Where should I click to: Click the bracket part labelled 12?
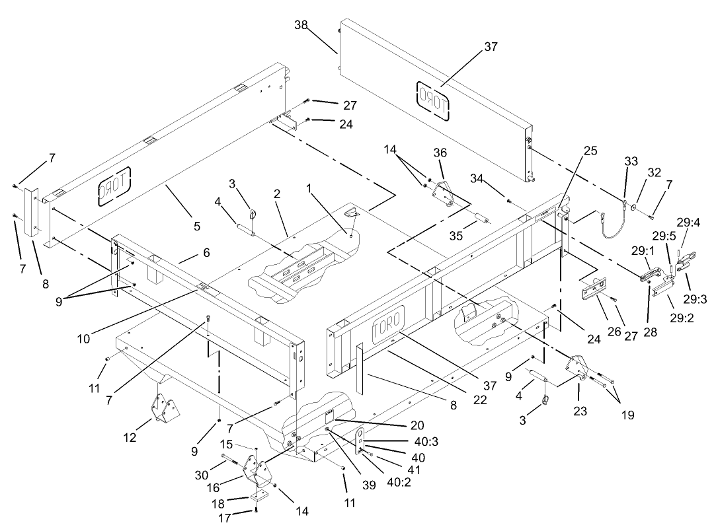click(x=165, y=411)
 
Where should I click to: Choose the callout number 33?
click(x=631, y=162)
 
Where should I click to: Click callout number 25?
click(x=590, y=151)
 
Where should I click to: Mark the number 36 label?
click(x=440, y=153)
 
